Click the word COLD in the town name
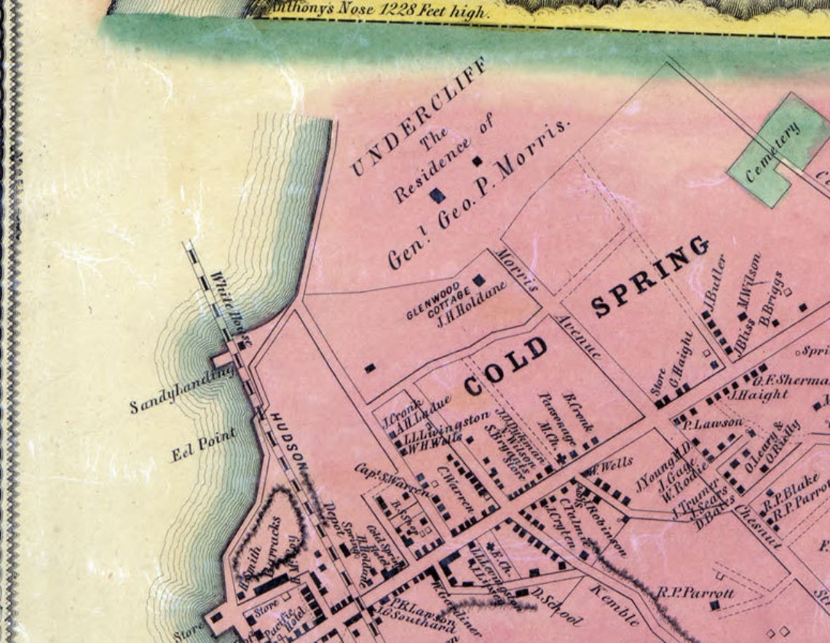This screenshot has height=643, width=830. pyautogui.click(x=505, y=367)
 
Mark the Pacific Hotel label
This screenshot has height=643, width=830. pyautogui.click(x=277, y=618)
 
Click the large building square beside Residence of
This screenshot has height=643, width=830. pyautogui.click(x=437, y=194)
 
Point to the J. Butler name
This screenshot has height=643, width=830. pyautogui.click(x=713, y=281)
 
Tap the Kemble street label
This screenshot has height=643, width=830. pyautogui.click(x=614, y=605)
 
